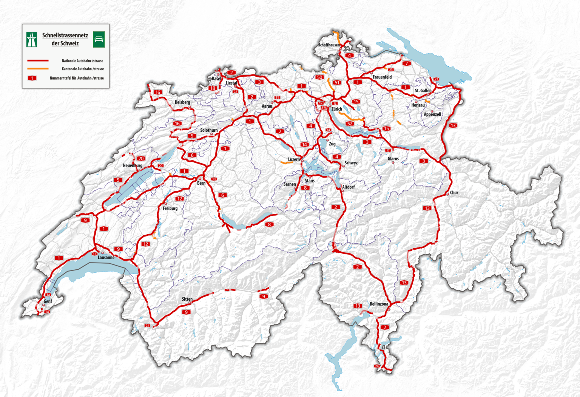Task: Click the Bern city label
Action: click(201, 183)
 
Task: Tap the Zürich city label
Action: click(336, 109)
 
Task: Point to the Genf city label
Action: click(48, 301)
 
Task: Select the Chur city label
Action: click(454, 193)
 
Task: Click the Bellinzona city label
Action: click(379, 304)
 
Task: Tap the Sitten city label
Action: click(187, 299)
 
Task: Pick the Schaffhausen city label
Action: click(329, 45)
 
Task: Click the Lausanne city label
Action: click(106, 258)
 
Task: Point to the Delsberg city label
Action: click(182, 102)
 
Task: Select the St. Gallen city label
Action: click(423, 91)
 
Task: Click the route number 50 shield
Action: click(319, 77)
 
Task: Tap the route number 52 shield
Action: click(350, 124)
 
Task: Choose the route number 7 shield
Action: click(406, 63)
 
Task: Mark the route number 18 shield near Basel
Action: click(213, 88)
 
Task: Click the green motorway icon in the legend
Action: click(32, 39)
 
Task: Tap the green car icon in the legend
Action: click(99, 39)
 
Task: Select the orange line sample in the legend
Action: click(38, 69)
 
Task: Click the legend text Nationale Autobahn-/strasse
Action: click(82, 61)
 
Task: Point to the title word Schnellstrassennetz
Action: click(65, 36)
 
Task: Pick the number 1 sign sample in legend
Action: click(32, 78)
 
